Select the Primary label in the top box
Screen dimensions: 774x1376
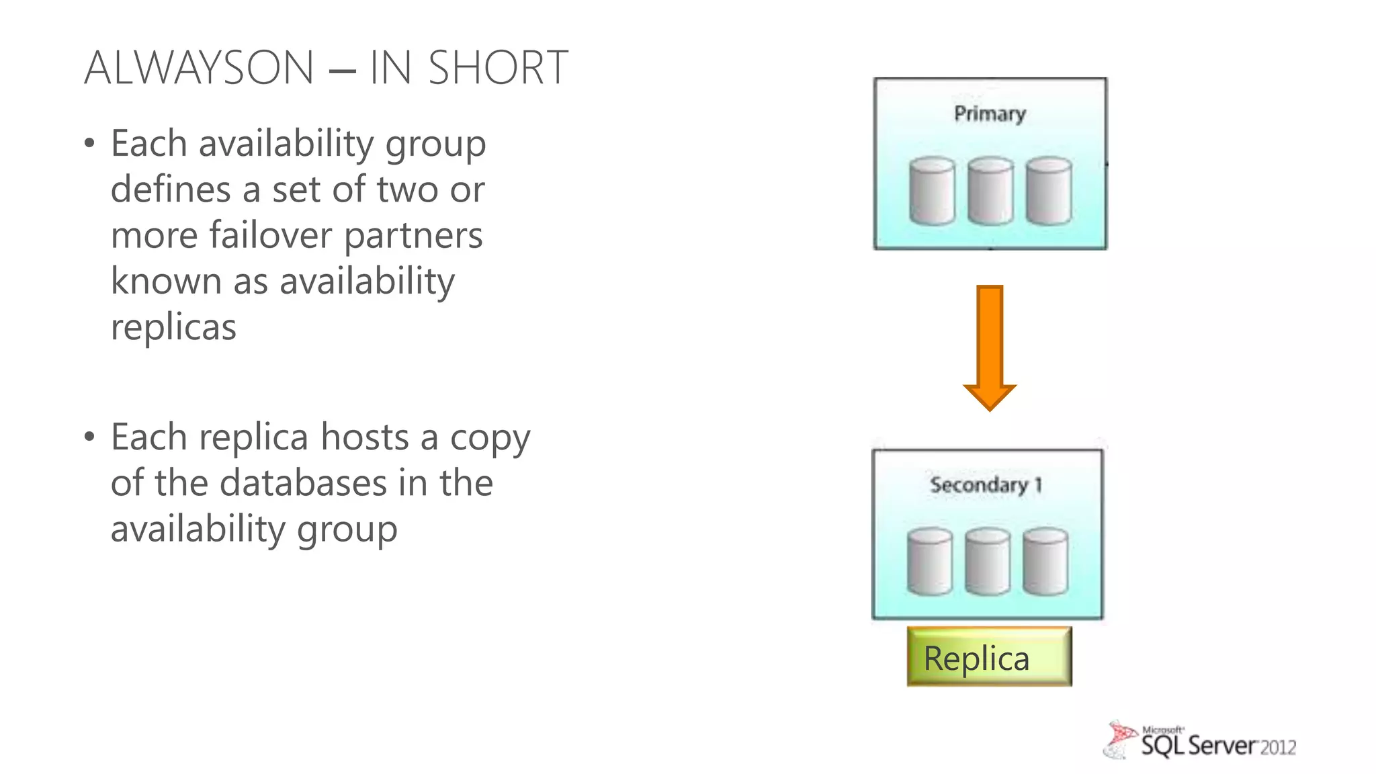pyautogui.click(x=990, y=114)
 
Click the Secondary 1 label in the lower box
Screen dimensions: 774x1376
pyautogui.click(x=986, y=484)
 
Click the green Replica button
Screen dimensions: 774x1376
pyautogui.click(x=989, y=657)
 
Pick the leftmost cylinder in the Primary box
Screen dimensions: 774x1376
pyautogui.click(x=932, y=191)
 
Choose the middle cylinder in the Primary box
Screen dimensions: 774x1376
pyautogui.click(x=990, y=191)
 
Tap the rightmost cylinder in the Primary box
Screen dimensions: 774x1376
pyautogui.click(x=1049, y=191)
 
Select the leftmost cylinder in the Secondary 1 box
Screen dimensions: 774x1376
pyautogui.click(x=929, y=562)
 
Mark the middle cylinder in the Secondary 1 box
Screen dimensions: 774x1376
pyautogui.click(x=988, y=562)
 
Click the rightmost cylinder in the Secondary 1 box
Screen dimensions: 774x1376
pyautogui.click(x=1045, y=562)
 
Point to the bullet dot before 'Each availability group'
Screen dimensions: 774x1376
pyautogui.click(x=89, y=144)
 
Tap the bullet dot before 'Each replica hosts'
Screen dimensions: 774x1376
pyautogui.click(x=89, y=437)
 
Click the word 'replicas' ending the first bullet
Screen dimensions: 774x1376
pyautogui.click(x=173, y=327)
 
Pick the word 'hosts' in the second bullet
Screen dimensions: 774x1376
pyautogui.click(x=364, y=437)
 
